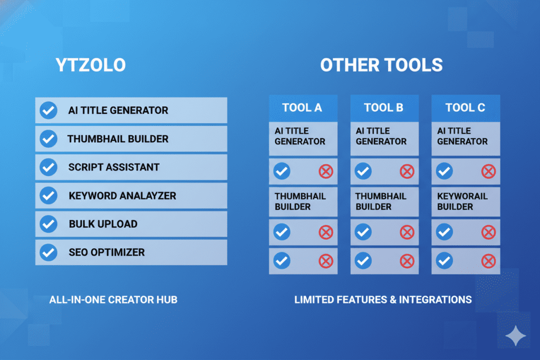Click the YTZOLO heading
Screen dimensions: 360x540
91,65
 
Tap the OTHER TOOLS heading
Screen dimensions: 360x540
381,65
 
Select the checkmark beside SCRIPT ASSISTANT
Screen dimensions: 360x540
49,167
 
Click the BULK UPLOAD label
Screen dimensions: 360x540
103,224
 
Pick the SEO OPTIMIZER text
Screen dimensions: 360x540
107,252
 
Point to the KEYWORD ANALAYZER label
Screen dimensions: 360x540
122,196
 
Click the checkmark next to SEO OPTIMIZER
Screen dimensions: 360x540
49,252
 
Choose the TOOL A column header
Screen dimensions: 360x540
302,108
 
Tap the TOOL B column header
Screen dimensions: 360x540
384,108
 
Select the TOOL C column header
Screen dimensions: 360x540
465,108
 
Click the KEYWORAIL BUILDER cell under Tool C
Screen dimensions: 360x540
462,201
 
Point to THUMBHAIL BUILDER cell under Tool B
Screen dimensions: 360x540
381,201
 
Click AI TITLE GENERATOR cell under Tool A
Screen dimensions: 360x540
300,136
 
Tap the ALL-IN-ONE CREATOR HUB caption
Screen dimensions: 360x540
113,300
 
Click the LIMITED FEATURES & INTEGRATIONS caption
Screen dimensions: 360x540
383,300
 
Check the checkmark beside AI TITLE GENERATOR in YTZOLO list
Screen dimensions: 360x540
49,110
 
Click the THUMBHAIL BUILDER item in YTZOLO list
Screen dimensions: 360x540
118,139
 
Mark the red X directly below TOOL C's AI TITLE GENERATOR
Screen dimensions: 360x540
489,171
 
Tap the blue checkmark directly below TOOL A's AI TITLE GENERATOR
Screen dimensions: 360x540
282,171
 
